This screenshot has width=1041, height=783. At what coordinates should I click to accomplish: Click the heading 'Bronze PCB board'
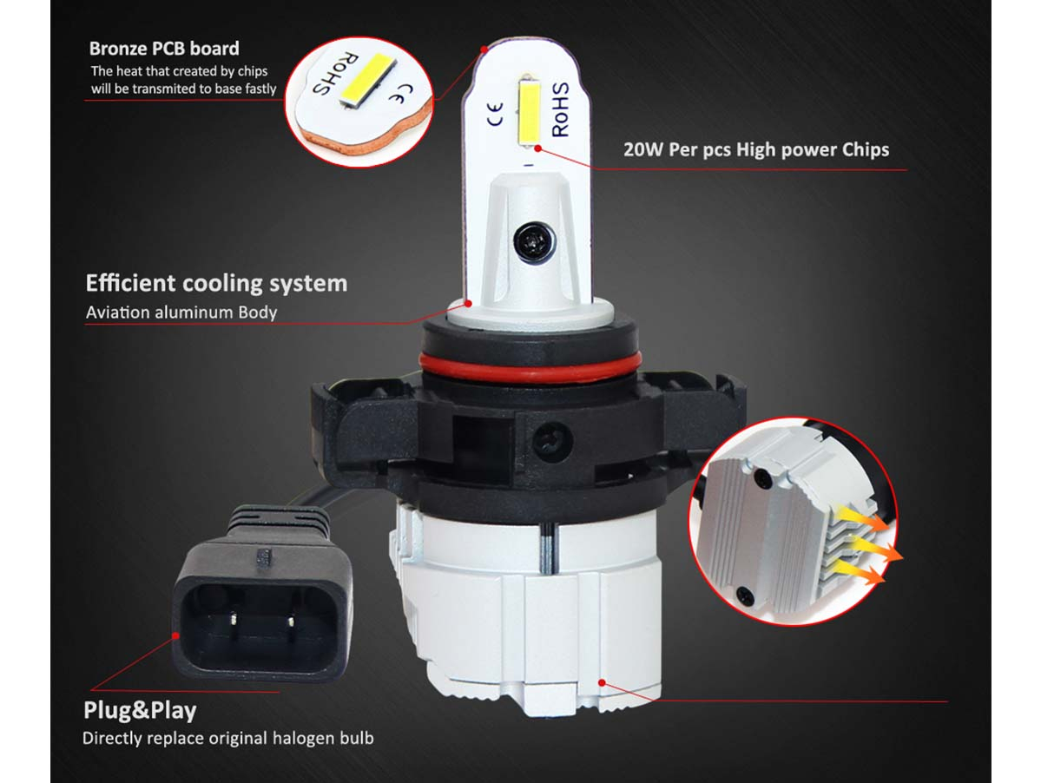164,49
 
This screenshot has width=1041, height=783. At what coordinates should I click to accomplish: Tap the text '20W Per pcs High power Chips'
756,149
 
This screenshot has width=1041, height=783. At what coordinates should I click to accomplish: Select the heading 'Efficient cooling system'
216,283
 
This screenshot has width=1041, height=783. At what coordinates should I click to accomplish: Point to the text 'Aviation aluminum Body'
181,312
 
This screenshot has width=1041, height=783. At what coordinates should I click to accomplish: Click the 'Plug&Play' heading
140,710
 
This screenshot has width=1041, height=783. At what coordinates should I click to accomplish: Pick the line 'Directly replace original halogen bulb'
227,738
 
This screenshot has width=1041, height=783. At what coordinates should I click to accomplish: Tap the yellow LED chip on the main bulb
529,110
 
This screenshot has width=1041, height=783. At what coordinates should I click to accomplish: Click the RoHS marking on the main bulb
560,109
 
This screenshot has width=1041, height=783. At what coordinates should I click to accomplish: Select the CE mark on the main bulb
496,114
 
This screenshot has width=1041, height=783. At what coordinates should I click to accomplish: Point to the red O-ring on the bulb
530,368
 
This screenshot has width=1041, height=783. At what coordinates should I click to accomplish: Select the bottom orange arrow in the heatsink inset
861,571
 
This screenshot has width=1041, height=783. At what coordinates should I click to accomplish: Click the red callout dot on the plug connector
176,635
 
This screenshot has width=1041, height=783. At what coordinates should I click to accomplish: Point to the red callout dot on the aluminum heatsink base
602,683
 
